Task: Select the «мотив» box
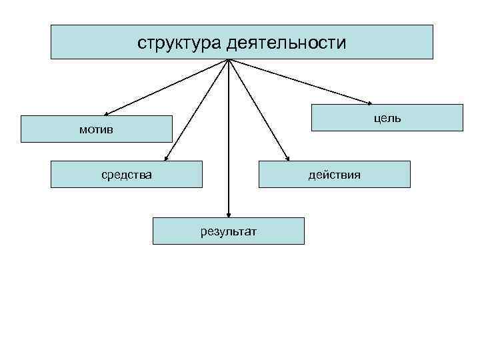(x=96, y=129)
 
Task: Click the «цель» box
(x=387, y=117)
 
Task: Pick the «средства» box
(x=127, y=175)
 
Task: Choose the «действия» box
(x=334, y=175)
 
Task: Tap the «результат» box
(x=229, y=231)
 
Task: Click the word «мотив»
(x=96, y=129)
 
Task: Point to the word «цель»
(x=387, y=118)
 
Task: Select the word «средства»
(x=127, y=175)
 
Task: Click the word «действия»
(x=334, y=175)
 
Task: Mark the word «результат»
(x=229, y=231)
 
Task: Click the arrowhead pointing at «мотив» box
(x=108, y=113)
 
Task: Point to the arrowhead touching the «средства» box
(x=167, y=158)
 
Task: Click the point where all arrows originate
(x=229, y=60)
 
